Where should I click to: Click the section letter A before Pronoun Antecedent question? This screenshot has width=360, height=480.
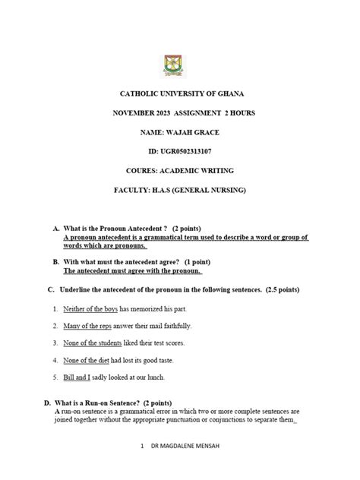tap(55, 228)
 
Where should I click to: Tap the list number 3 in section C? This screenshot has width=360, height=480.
tap(55, 343)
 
